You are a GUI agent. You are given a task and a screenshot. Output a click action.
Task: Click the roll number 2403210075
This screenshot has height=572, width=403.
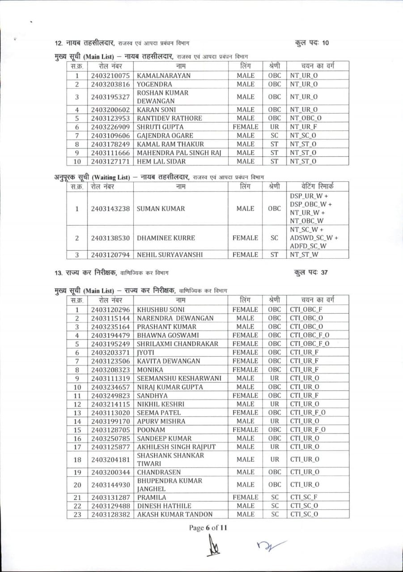(x=110, y=76)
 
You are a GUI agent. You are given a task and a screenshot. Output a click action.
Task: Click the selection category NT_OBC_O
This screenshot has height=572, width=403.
(x=305, y=118)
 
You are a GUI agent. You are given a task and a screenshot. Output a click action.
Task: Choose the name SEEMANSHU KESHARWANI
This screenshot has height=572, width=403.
(x=179, y=379)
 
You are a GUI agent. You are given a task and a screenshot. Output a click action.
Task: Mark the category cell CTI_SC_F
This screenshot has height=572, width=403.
(x=304, y=497)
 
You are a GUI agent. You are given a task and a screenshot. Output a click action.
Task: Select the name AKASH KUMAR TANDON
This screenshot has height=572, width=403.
(x=175, y=514)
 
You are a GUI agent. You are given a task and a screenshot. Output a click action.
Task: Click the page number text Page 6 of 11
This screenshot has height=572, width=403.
(x=208, y=528)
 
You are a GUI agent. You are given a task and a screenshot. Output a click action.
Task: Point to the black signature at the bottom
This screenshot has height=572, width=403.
(x=212, y=546)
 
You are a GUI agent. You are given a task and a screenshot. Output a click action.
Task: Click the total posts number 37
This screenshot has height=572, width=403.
(x=324, y=272)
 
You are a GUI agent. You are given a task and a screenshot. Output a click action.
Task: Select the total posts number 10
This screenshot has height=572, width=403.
(x=325, y=43)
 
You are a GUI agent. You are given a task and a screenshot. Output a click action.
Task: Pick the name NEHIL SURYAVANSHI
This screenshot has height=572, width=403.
(x=170, y=255)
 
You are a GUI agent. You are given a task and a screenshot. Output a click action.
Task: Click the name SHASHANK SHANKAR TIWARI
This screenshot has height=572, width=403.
(x=170, y=459)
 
